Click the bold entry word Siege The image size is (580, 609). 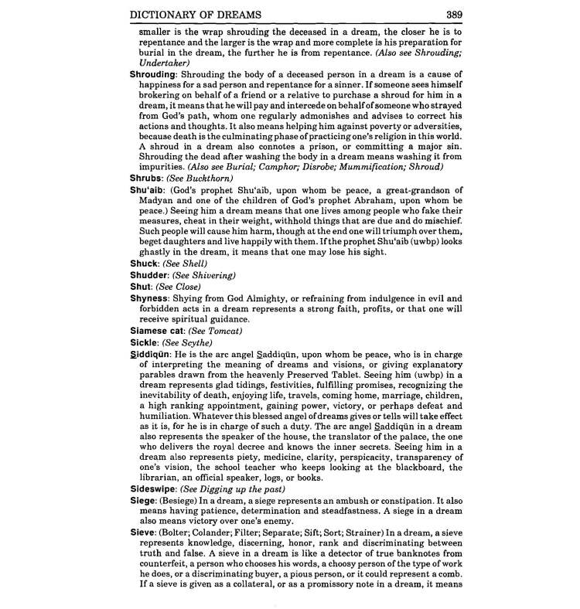(145, 501)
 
